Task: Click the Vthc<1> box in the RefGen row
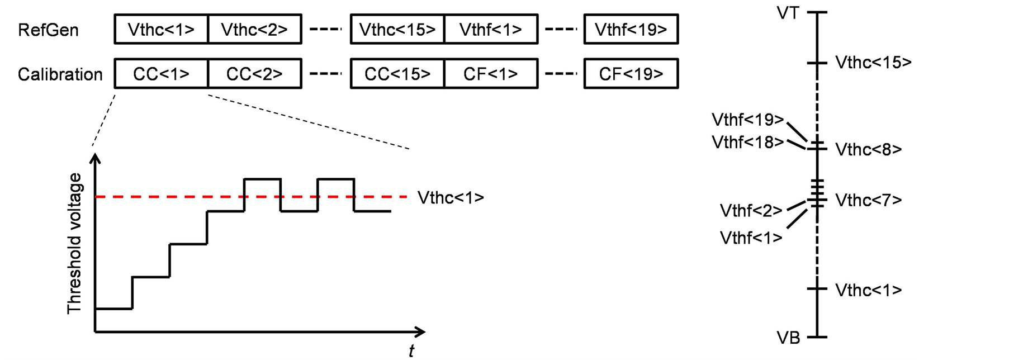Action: [161, 30]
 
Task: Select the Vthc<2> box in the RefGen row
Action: [254, 30]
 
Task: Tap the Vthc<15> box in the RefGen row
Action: [397, 30]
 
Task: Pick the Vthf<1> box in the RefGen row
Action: [491, 30]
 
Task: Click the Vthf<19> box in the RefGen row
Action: [631, 30]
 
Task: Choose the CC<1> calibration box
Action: [161, 74]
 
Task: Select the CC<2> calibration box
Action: [254, 74]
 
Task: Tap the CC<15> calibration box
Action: [397, 74]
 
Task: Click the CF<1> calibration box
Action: [491, 74]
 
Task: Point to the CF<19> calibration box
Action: [631, 74]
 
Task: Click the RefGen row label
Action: [48, 30]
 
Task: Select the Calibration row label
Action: [60, 74]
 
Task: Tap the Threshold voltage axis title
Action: [74, 243]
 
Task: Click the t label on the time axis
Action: [411, 350]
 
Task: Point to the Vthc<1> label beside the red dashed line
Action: [451, 198]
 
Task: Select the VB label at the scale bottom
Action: [788, 338]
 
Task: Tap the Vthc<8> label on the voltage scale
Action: [868, 150]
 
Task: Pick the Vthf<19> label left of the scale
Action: [747, 120]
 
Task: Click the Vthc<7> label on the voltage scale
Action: [868, 200]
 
